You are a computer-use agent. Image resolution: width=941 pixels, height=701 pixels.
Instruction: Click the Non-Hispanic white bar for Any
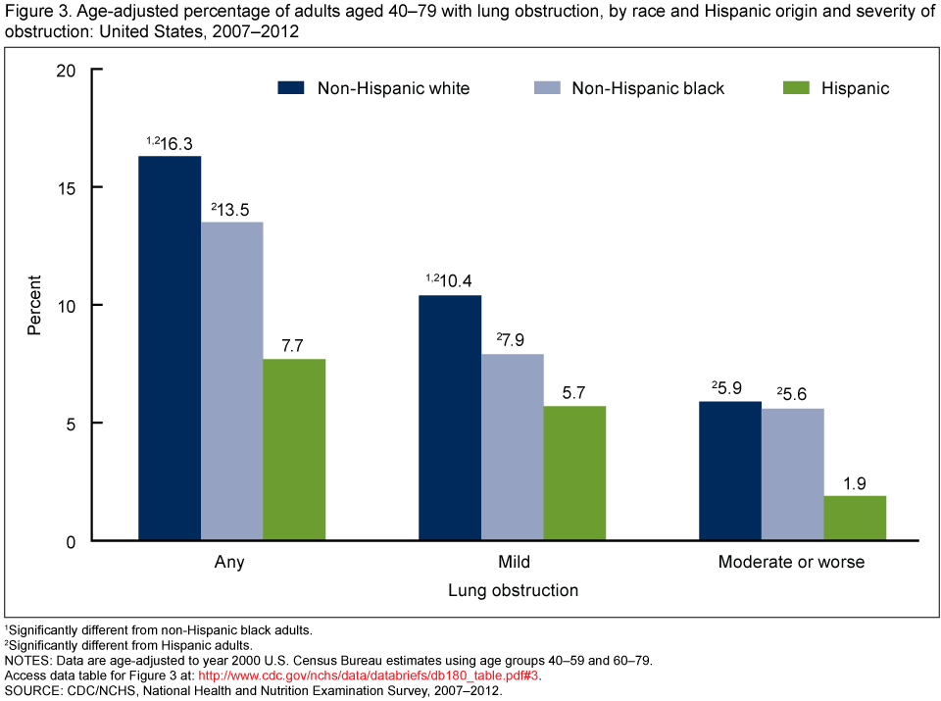[x=170, y=348]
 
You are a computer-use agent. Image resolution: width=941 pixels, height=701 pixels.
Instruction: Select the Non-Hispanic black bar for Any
[x=231, y=381]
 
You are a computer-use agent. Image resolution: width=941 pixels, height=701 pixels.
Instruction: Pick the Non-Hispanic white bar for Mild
[x=450, y=418]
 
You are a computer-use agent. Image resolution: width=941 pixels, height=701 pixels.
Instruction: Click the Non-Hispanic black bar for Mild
[x=512, y=447]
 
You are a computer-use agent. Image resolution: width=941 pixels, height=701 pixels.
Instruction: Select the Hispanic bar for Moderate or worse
[x=855, y=518]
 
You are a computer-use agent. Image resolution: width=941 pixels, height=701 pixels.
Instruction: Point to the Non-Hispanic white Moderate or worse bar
[x=730, y=471]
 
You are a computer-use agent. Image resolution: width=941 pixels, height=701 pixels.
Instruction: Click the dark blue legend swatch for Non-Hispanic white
[x=292, y=88]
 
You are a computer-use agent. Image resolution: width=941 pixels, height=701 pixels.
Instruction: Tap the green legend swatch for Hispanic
[x=797, y=88]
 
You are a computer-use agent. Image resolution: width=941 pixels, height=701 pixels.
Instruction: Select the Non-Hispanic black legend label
[x=648, y=88]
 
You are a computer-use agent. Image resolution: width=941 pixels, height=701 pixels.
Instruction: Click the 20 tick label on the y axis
[x=65, y=71]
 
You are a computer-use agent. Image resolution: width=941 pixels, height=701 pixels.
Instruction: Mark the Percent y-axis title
[x=34, y=306]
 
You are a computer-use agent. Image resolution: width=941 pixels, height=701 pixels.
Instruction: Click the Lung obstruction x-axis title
[x=513, y=591]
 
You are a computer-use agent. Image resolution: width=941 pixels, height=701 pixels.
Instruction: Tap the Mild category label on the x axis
[x=513, y=563]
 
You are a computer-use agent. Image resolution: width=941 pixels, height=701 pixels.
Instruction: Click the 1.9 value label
[x=855, y=482]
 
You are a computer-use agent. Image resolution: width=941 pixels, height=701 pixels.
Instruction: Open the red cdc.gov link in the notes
[x=369, y=676]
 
